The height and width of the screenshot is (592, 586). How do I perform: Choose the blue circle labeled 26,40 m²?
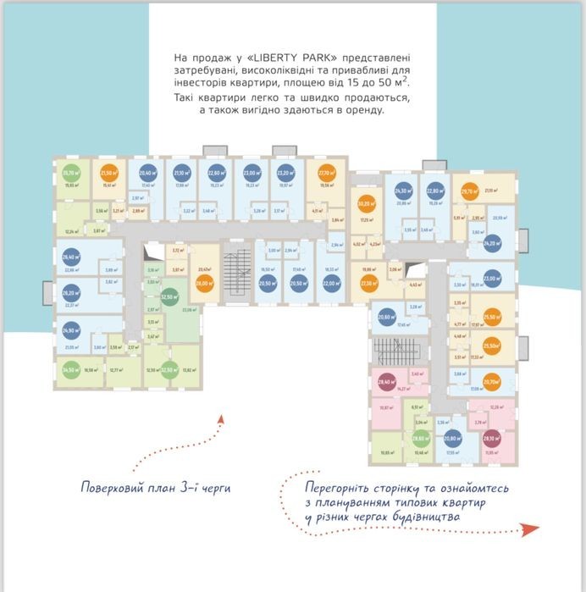tap(70, 257)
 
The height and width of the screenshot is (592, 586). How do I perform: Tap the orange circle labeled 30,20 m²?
tap(366, 204)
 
